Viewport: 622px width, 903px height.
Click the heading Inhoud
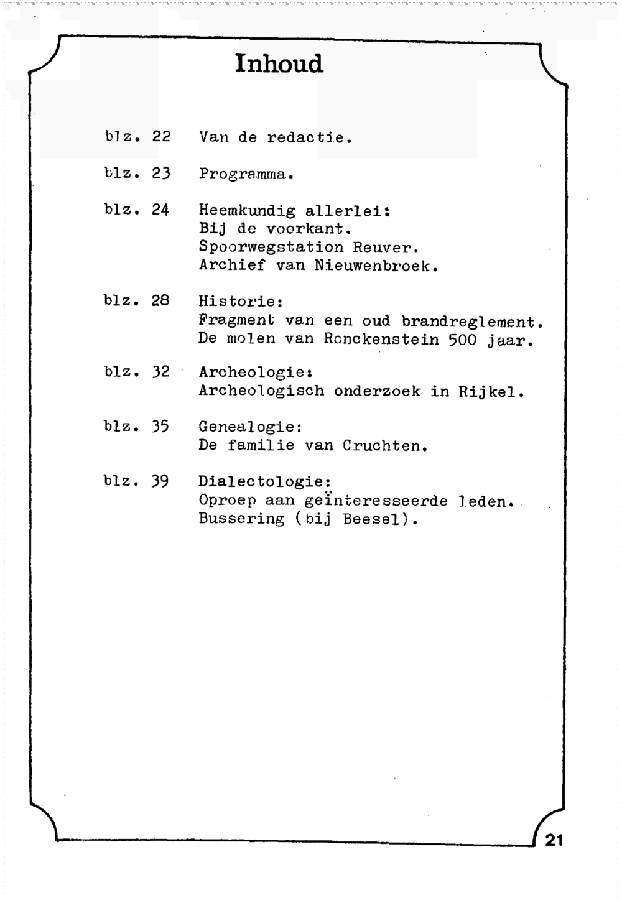point(279,64)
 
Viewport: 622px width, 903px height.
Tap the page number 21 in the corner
point(554,840)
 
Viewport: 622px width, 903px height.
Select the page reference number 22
point(161,136)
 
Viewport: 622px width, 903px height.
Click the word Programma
point(246,174)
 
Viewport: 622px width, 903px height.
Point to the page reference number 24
point(160,210)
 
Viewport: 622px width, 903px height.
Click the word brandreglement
point(473,322)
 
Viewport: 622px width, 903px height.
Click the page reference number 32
point(160,372)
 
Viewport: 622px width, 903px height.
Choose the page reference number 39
point(160,481)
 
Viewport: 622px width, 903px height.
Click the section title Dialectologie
point(264,482)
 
